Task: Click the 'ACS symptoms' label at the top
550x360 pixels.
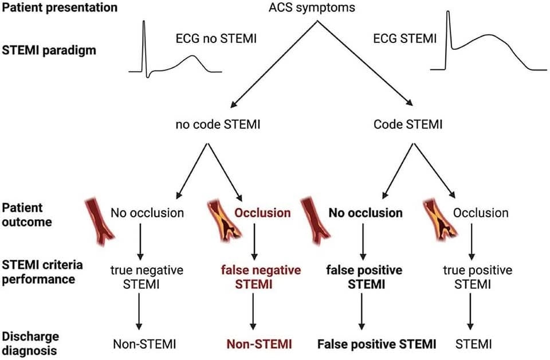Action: click(x=312, y=7)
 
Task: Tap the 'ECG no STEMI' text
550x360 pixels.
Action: click(x=216, y=38)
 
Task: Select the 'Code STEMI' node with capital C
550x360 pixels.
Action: click(x=408, y=124)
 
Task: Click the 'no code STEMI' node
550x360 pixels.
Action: click(x=218, y=124)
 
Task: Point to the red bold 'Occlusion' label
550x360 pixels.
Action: click(x=262, y=213)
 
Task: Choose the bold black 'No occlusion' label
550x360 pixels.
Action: click(x=366, y=213)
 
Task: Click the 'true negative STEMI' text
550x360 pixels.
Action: click(x=147, y=277)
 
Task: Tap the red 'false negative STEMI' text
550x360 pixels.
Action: click(x=261, y=277)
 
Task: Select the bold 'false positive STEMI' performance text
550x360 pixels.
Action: click(x=364, y=277)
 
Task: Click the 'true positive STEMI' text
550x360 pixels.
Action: click(x=477, y=277)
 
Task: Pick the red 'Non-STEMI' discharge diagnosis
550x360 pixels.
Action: click(x=259, y=344)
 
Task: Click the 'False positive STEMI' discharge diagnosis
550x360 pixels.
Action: click(x=377, y=344)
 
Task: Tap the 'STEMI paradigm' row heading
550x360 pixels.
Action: click(x=49, y=50)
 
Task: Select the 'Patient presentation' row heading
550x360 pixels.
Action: click(x=60, y=7)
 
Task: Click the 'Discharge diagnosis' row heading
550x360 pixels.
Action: click(x=30, y=343)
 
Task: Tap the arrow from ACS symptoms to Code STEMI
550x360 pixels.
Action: click(x=365, y=63)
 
